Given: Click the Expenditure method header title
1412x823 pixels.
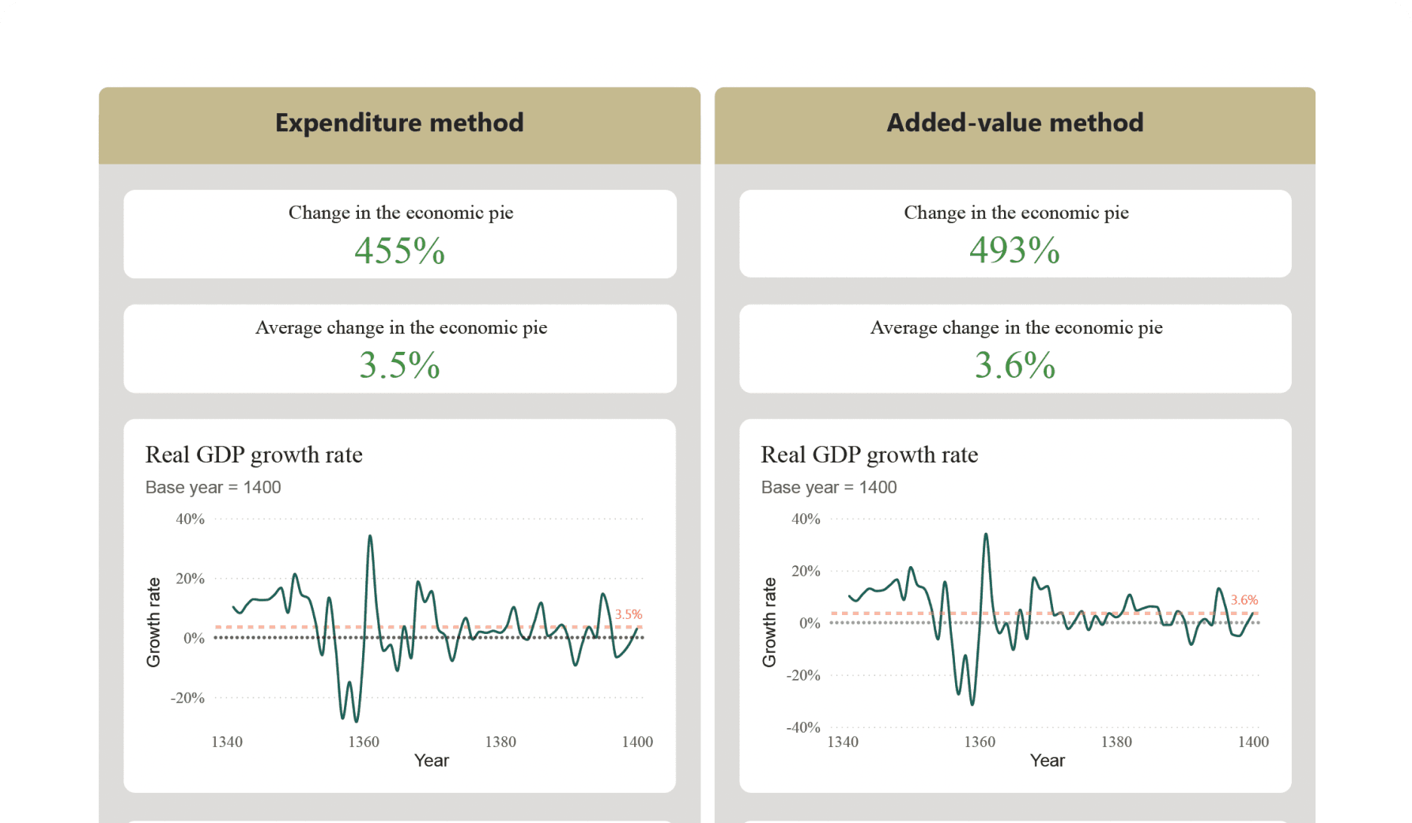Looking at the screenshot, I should (x=399, y=123).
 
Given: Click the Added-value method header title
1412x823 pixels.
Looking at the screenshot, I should (x=1014, y=123).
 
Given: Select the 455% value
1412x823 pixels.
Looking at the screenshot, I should (x=399, y=251).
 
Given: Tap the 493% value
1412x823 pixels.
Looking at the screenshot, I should (x=1014, y=250).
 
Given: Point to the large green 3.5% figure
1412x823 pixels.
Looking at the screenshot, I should (x=399, y=365).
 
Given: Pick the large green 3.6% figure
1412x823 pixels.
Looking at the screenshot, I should (x=1014, y=365).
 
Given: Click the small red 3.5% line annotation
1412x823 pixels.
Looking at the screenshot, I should (x=629, y=614).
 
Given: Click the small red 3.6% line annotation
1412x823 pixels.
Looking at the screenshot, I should (x=1244, y=600).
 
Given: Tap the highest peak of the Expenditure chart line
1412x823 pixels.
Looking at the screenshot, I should (x=370, y=537).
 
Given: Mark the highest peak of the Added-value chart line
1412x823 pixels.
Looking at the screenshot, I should (x=986, y=534).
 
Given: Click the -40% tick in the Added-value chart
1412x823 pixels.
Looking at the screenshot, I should (x=802, y=727).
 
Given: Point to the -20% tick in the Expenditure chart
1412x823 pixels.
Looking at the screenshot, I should (x=187, y=698).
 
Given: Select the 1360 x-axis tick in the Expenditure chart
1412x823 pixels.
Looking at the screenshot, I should (x=364, y=742).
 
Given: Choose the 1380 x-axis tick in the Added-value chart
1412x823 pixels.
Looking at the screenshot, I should (x=1116, y=742).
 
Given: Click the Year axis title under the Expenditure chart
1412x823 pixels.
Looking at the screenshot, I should (x=432, y=761).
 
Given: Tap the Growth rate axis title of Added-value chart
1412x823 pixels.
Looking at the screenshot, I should (x=769, y=622).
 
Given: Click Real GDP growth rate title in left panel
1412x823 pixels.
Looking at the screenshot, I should (x=254, y=455).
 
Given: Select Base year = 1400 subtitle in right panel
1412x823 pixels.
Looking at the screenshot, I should (x=829, y=487).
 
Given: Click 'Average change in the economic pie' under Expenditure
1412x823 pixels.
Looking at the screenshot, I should (x=401, y=327).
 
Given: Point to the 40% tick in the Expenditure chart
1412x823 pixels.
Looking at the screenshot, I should (x=190, y=519).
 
